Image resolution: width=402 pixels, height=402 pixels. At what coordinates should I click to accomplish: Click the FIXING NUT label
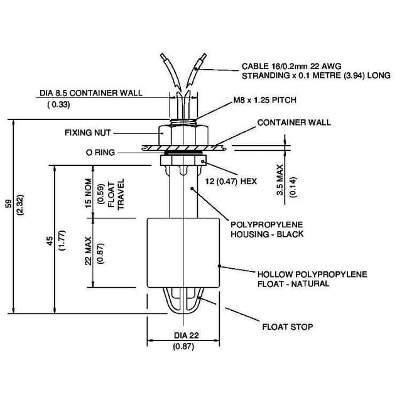tap(87, 133)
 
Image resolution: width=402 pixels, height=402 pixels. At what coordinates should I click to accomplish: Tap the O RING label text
tap(100, 152)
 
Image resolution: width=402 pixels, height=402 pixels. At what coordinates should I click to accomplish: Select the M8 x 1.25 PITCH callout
tap(264, 100)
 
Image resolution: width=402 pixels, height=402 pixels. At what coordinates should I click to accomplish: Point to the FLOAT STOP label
tap(287, 327)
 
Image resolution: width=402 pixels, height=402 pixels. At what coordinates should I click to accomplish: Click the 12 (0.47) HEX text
tap(232, 181)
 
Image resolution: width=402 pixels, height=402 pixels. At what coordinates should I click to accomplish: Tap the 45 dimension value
tap(50, 241)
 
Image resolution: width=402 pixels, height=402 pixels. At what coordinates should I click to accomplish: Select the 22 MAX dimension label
tap(89, 251)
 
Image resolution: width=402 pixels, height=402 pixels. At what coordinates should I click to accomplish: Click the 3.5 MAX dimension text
tap(281, 182)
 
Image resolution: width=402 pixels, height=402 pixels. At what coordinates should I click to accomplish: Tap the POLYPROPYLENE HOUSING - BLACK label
tap(267, 229)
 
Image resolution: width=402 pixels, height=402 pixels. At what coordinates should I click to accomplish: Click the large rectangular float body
tap(183, 252)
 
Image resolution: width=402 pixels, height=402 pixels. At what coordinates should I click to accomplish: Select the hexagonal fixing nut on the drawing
tap(183, 134)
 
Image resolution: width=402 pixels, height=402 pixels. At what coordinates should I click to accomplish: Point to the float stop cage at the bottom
tap(183, 301)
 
